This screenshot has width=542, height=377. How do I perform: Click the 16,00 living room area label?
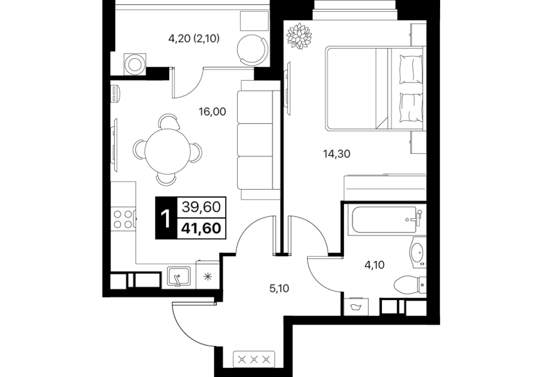[x=212, y=111]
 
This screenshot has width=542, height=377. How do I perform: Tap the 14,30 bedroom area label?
[x=336, y=154]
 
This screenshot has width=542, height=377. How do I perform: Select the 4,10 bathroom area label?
[x=374, y=265]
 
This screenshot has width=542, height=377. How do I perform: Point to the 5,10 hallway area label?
[x=279, y=288]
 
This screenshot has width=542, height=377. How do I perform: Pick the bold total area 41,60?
[x=201, y=228]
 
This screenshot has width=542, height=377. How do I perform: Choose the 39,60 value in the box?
[x=201, y=207]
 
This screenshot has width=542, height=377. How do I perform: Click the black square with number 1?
[x=166, y=218]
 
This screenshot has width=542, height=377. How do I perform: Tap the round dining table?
[x=168, y=150]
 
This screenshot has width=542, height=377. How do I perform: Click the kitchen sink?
[x=178, y=277]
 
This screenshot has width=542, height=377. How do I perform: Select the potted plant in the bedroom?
[x=299, y=36]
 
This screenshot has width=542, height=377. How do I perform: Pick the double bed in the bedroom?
[x=374, y=89]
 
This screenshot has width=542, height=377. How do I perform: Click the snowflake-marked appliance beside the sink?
[x=207, y=275]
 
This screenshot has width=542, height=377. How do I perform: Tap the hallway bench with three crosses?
[x=254, y=360]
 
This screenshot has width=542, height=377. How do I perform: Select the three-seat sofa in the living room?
[x=259, y=140]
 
